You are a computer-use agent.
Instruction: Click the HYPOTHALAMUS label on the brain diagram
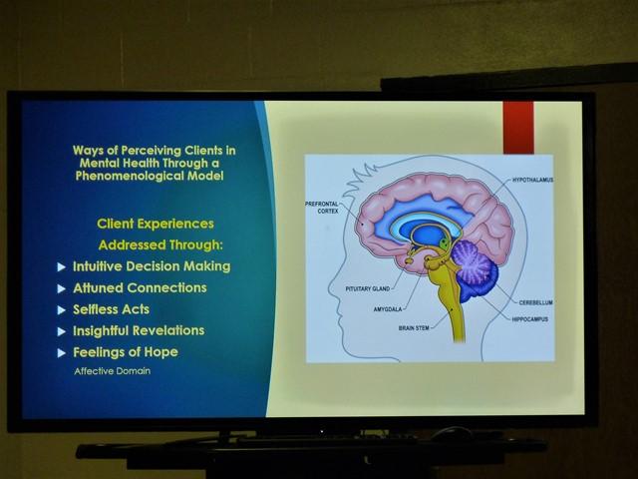point(532,180)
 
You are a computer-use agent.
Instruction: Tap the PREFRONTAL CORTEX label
point(322,208)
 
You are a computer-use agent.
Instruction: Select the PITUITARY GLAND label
point(368,288)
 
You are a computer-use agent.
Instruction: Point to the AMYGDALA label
point(388,309)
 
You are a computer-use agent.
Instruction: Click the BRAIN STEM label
point(414,328)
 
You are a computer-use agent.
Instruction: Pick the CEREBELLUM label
point(535,302)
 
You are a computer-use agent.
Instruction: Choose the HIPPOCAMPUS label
point(529,319)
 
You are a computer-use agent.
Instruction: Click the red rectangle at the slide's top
point(518,128)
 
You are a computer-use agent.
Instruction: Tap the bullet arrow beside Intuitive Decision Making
point(62,267)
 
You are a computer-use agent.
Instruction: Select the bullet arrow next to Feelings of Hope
point(62,353)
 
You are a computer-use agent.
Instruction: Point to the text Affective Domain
point(113,371)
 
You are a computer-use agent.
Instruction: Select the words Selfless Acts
point(111,309)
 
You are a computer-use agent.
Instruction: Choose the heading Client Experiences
point(156,224)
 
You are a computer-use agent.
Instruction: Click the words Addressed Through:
point(160,245)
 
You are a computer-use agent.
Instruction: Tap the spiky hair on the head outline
point(362,178)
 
